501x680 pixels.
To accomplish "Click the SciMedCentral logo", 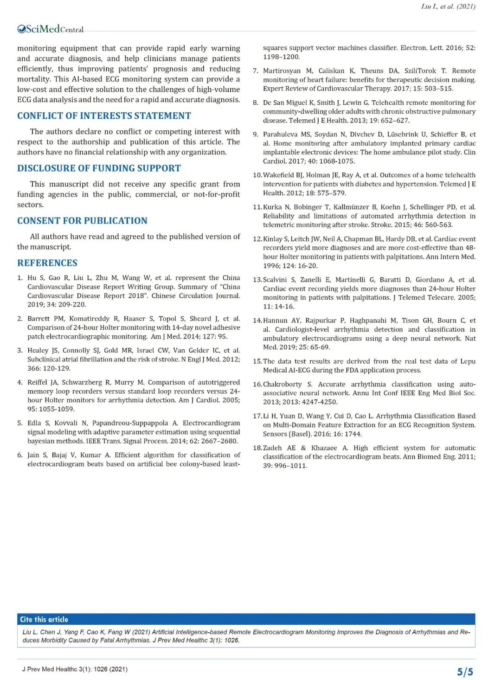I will (x=50, y=29).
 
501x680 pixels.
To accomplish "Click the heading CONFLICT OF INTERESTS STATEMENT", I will (x=104, y=116).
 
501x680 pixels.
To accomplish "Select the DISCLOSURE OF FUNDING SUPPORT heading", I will (x=99, y=168).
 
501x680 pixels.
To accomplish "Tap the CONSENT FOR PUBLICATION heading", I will (x=82, y=221).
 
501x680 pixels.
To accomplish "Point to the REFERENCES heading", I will (x=47, y=263).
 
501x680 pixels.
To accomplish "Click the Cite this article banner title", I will (x=44, y=619).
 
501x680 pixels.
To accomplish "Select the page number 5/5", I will (x=465, y=672).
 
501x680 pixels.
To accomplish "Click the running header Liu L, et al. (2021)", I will (x=448, y=6).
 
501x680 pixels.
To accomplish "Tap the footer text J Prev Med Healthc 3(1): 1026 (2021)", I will (x=75, y=669).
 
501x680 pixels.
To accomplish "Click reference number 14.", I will (x=257, y=321).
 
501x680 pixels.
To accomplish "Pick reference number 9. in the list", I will (x=255, y=135).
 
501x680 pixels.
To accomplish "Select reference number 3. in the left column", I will (x=20, y=351).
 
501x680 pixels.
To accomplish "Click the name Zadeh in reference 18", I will (x=272, y=448).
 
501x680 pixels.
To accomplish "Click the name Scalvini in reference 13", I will (x=276, y=280).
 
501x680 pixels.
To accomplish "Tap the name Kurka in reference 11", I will (x=272, y=207).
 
